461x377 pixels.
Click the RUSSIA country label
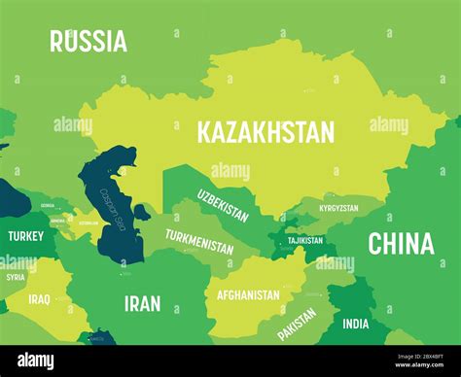point(89,41)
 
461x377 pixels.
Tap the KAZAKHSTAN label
point(266,132)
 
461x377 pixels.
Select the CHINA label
point(401,244)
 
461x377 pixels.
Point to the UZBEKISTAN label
point(223,205)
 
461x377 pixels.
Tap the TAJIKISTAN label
point(304,240)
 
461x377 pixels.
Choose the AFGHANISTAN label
point(247,294)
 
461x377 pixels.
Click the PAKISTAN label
point(298,324)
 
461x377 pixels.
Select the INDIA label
point(356,325)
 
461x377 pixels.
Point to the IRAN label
point(142,303)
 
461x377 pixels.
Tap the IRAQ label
point(40,299)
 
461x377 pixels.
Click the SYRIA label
point(16,277)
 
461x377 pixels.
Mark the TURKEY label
point(25,236)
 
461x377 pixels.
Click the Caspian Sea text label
point(113,206)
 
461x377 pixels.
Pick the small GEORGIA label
point(48,206)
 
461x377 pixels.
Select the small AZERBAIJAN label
point(89,223)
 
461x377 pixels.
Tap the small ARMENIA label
point(58,221)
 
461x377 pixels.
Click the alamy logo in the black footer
point(37,360)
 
